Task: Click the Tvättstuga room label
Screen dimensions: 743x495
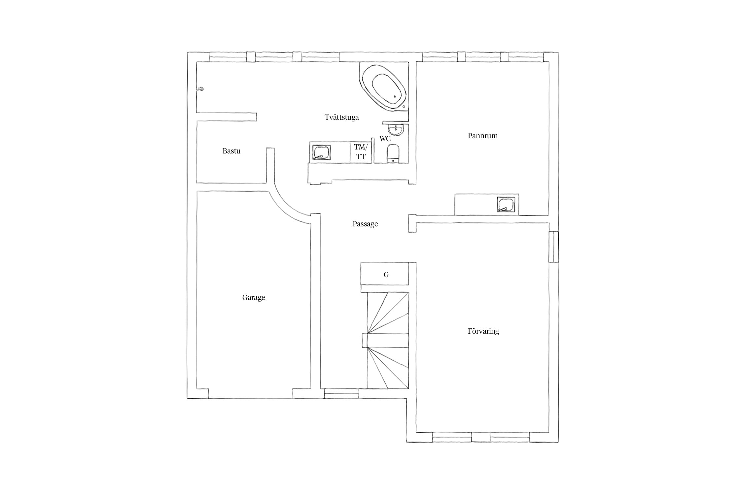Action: click(x=341, y=117)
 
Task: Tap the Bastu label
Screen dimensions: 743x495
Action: click(x=231, y=151)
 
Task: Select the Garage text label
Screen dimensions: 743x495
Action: click(x=254, y=298)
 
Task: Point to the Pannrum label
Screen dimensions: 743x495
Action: click(x=482, y=136)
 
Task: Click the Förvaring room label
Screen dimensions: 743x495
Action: click(x=483, y=331)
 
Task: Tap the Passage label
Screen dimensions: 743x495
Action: click(x=365, y=224)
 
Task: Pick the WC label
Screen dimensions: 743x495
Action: click(x=385, y=139)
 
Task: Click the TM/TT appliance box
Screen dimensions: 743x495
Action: click(x=360, y=152)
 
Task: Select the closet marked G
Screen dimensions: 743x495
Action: click(x=385, y=274)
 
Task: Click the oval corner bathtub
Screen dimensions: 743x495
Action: click(x=385, y=87)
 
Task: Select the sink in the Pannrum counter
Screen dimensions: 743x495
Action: click(x=506, y=205)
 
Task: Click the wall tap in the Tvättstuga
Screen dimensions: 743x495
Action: click(x=200, y=88)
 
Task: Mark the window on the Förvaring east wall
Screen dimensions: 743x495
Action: click(x=553, y=247)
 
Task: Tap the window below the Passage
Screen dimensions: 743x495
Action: click(x=341, y=393)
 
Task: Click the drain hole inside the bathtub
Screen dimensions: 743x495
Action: click(x=395, y=97)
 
